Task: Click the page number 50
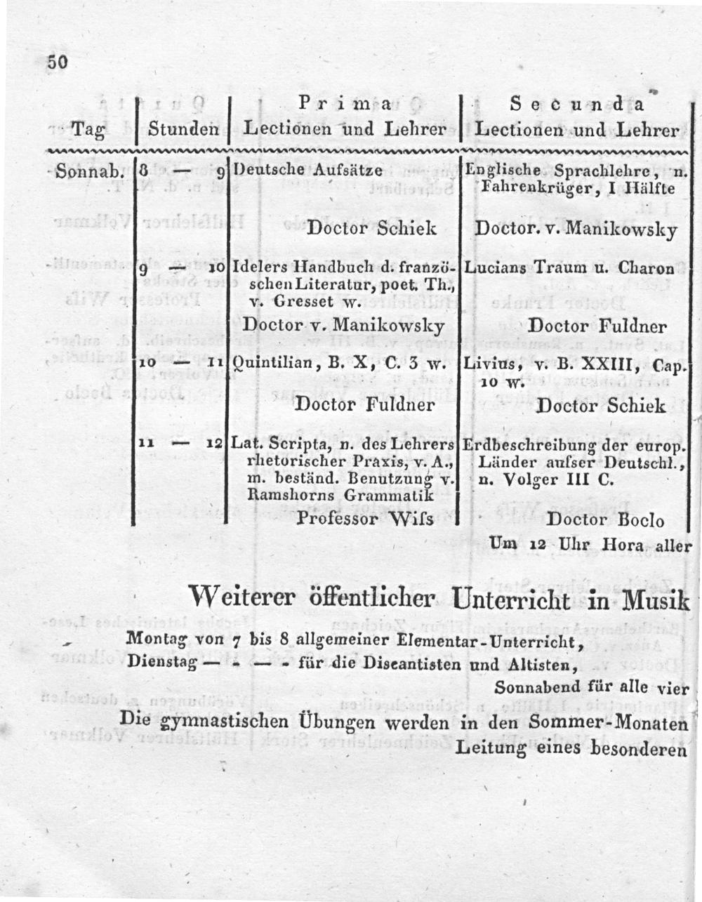[x=57, y=62]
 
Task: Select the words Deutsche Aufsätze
[x=307, y=171]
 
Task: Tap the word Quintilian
[x=266, y=364]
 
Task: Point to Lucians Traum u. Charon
[x=569, y=267]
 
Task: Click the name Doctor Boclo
[x=605, y=520]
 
